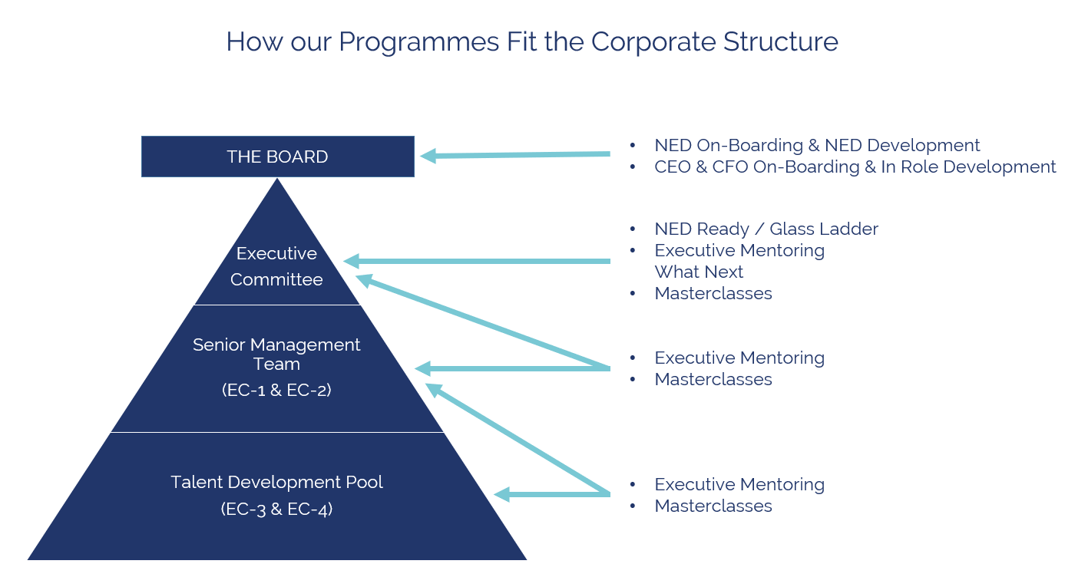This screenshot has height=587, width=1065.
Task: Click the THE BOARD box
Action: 277,157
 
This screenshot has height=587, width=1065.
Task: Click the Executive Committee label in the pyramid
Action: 276,266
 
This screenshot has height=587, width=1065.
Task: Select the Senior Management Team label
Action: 276,355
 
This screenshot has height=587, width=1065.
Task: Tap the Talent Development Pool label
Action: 276,482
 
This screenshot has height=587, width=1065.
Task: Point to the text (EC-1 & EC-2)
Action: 276,390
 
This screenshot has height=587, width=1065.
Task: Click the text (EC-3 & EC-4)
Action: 276,509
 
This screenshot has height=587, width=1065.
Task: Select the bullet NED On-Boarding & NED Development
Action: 817,145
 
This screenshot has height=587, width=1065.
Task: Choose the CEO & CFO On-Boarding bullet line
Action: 855,167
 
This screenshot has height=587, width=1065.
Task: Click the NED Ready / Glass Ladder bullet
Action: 766,229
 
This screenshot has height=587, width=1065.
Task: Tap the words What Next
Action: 699,272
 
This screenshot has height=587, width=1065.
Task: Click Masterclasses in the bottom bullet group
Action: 713,506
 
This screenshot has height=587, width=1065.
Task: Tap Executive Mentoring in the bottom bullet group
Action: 739,484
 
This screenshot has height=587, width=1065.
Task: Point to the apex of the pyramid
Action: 277,180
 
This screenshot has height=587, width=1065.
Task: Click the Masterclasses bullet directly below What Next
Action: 713,293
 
